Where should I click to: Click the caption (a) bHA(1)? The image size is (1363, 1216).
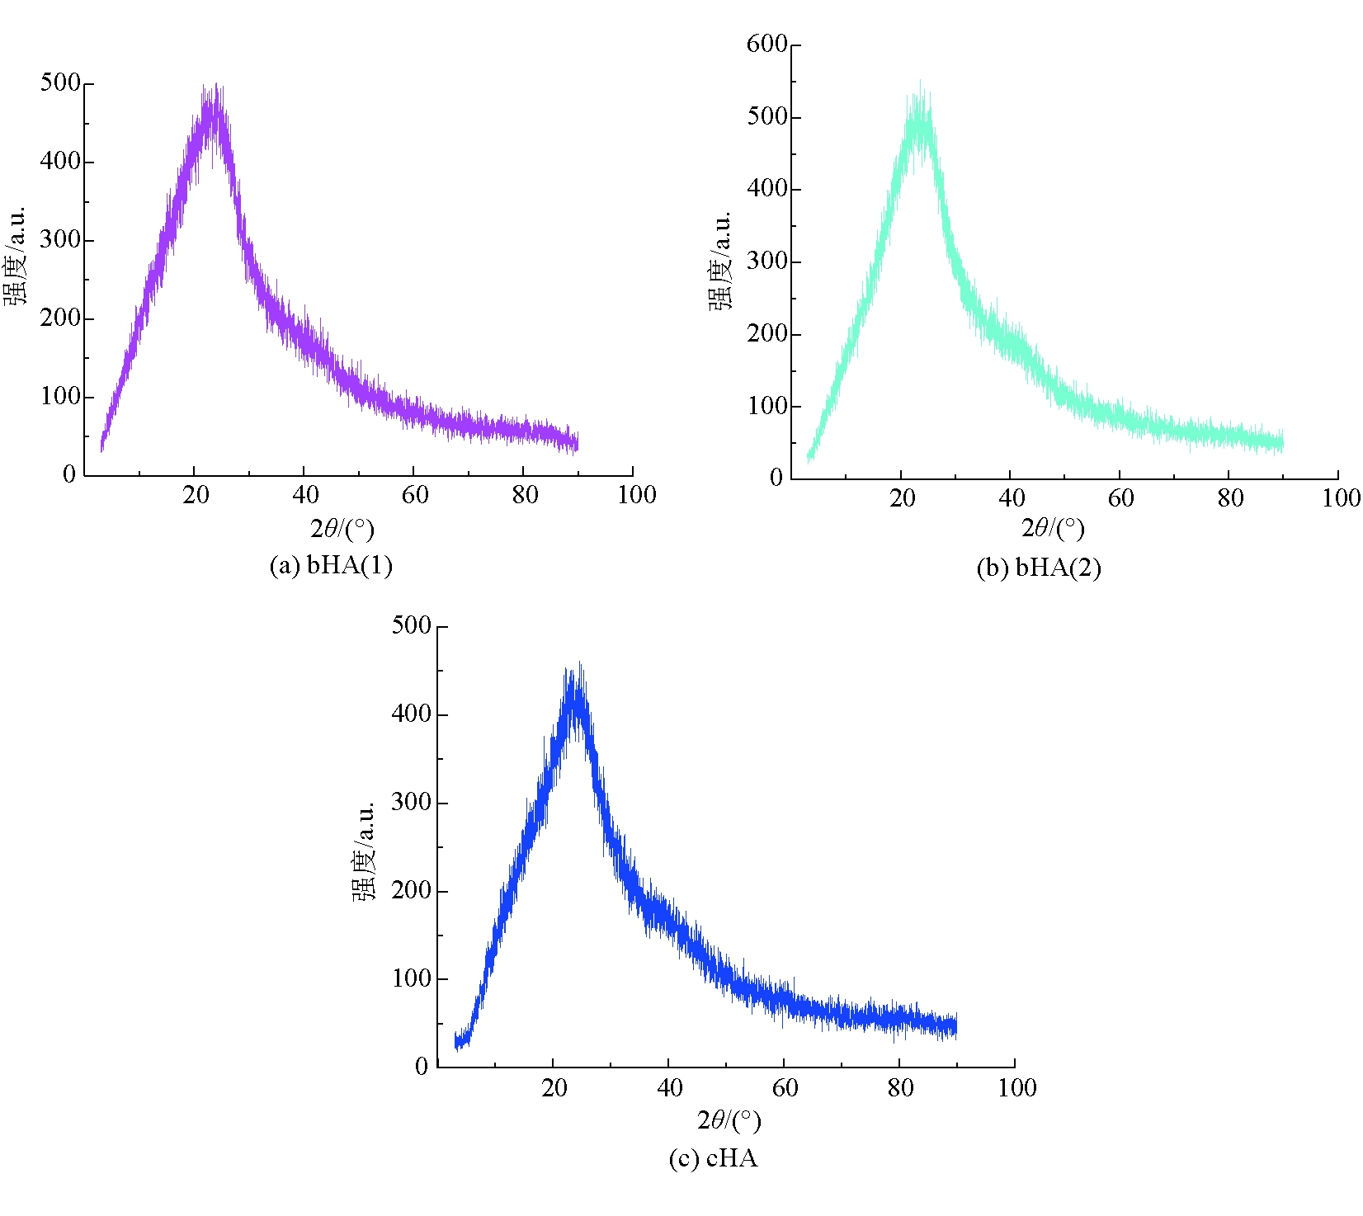click(x=331, y=566)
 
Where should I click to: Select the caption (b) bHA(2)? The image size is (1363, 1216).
click(x=1039, y=568)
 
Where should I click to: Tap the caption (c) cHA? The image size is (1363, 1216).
click(x=713, y=1159)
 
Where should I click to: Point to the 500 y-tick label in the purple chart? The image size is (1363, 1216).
click(x=60, y=82)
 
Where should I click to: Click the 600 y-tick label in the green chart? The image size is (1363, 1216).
click(x=767, y=44)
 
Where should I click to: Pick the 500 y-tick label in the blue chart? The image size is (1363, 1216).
click(x=412, y=625)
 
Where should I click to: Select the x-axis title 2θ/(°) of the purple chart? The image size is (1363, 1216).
click(x=342, y=529)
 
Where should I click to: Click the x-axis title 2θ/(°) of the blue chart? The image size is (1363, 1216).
click(x=729, y=1120)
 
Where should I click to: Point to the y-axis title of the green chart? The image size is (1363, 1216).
click(x=719, y=260)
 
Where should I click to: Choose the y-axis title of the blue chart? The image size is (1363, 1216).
click(x=364, y=850)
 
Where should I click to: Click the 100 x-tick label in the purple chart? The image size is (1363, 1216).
click(x=637, y=495)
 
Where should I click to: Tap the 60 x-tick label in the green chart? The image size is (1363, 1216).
click(x=1120, y=498)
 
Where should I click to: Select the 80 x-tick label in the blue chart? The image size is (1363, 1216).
click(x=900, y=1088)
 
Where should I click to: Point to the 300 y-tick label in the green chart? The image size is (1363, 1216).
click(x=767, y=262)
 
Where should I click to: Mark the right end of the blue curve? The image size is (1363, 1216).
click(x=955, y=1026)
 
